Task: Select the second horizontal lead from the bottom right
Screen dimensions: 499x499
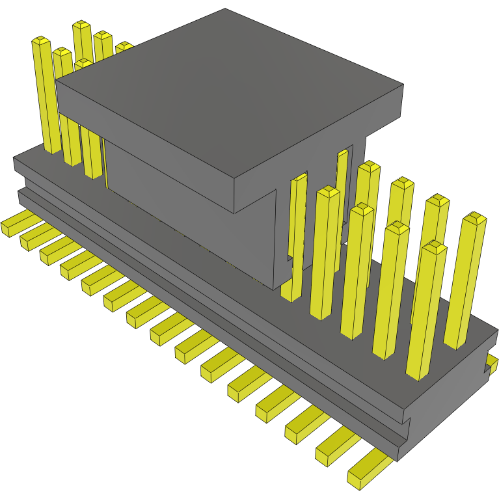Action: tap(335, 449)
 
